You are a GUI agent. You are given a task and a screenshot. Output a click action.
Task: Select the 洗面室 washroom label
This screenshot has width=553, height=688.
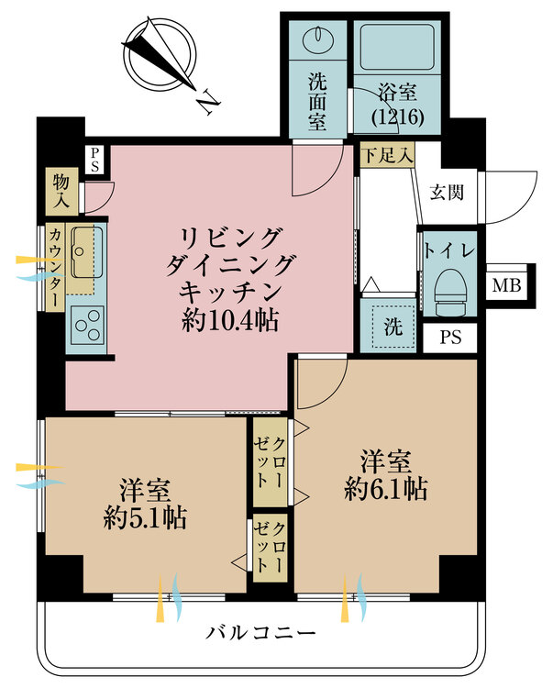pyautogui.click(x=317, y=102)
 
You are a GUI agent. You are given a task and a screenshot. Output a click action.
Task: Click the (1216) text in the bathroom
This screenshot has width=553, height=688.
pyautogui.click(x=398, y=117)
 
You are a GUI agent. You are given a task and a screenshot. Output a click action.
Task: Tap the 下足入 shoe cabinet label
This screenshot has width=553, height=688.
pyautogui.click(x=388, y=155)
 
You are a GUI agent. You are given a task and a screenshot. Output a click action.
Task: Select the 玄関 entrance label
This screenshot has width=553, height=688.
pyautogui.click(x=446, y=193)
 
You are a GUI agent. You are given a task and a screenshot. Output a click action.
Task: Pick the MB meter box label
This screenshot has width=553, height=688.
pyautogui.click(x=506, y=286)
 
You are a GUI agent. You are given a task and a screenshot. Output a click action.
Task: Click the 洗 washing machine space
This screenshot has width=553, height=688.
pyautogui.click(x=393, y=326)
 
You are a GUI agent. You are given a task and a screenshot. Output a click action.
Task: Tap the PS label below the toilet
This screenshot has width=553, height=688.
pyautogui.click(x=450, y=337)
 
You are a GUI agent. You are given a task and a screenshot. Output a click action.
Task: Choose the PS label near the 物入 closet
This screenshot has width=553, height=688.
pyautogui.click(x=95, y=160)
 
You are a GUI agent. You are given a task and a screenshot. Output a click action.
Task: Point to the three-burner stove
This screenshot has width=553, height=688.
pyautogui.click(x=88, y=324)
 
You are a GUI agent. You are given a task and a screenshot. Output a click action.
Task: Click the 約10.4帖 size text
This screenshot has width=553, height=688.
pyautogui.click(x=230, y=322)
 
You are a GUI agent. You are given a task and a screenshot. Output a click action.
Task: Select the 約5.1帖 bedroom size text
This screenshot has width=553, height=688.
pyautogui.click(x=145, y=518)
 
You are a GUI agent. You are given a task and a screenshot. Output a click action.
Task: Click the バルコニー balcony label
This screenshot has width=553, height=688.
pyautogui.click(x=261, y=633)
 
